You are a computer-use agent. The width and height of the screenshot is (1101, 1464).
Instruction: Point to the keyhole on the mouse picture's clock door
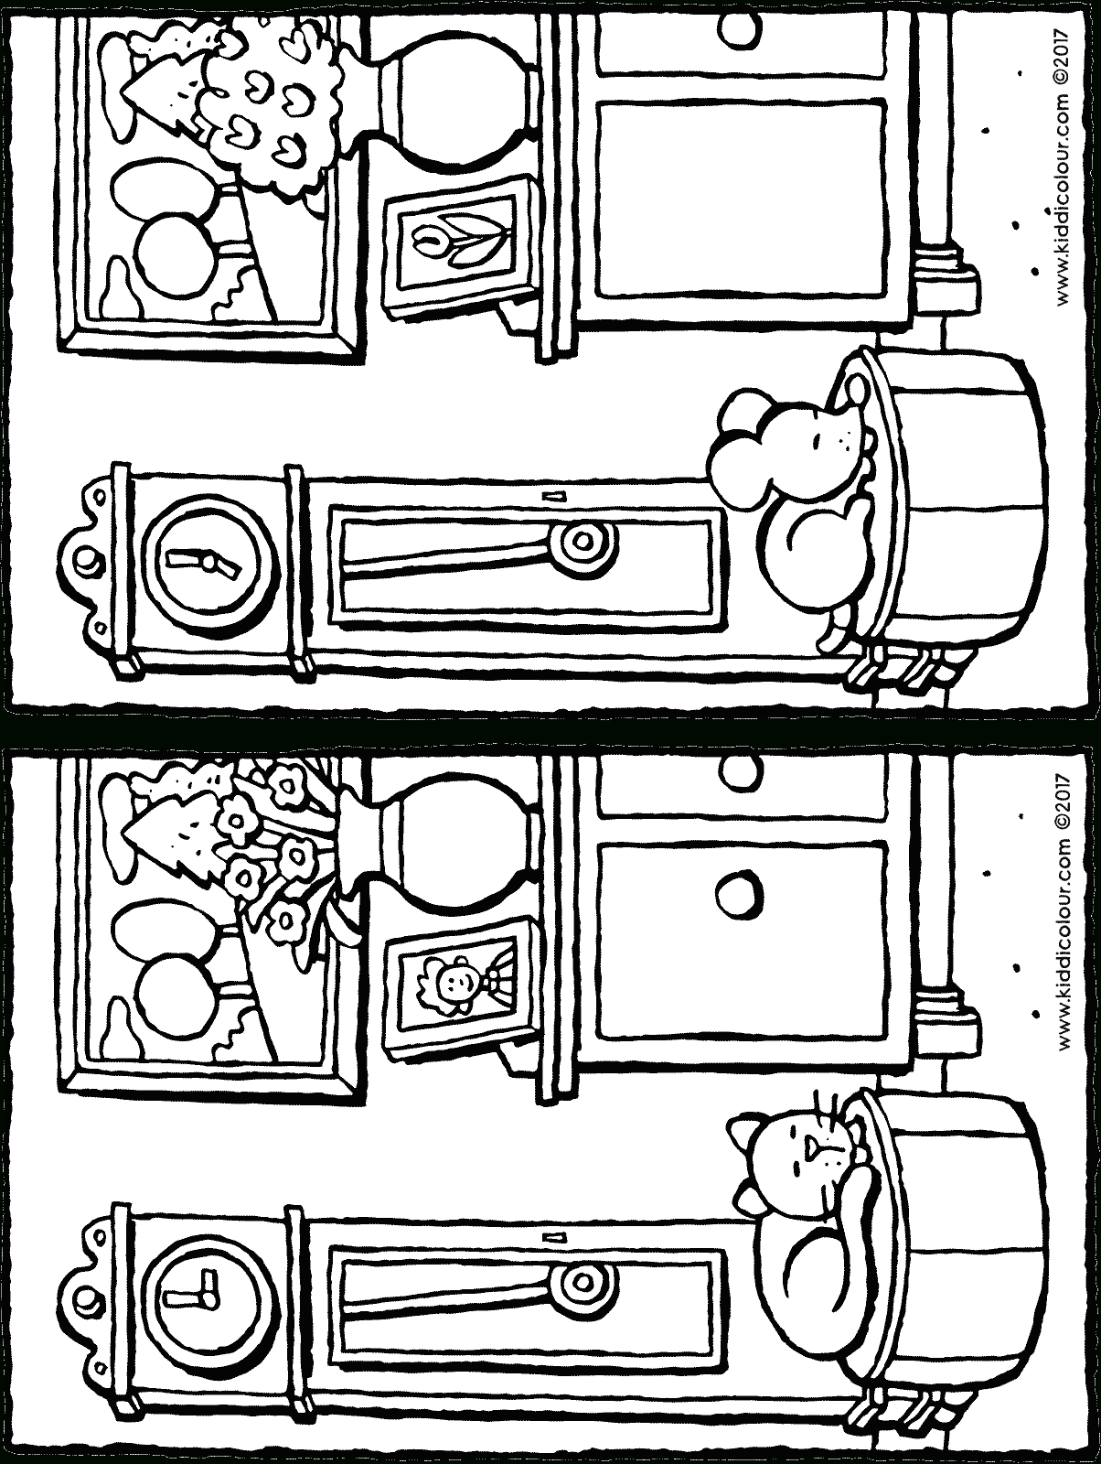[x=550, y=495]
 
